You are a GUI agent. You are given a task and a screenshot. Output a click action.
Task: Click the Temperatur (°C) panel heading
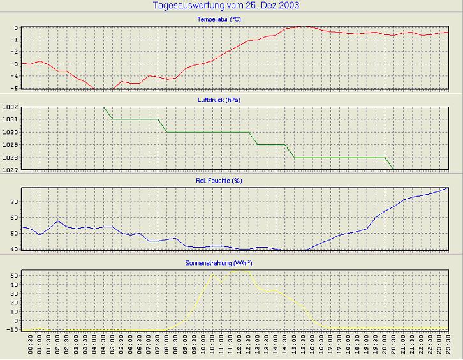219,19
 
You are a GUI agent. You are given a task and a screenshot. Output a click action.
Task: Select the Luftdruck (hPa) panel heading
219,100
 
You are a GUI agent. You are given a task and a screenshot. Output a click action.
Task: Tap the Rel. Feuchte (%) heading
219,181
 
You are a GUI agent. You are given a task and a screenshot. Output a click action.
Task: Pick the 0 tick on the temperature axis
16,28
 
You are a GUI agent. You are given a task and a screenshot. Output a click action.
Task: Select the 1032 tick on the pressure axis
10,107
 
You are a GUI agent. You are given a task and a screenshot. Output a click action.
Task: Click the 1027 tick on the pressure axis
10,170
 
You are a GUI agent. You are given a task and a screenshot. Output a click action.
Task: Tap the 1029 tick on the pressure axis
10,146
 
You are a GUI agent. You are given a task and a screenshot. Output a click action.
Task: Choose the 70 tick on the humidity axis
14,202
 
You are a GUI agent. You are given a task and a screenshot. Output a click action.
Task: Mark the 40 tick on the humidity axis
14,249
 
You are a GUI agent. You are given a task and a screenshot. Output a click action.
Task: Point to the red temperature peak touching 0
305,27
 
